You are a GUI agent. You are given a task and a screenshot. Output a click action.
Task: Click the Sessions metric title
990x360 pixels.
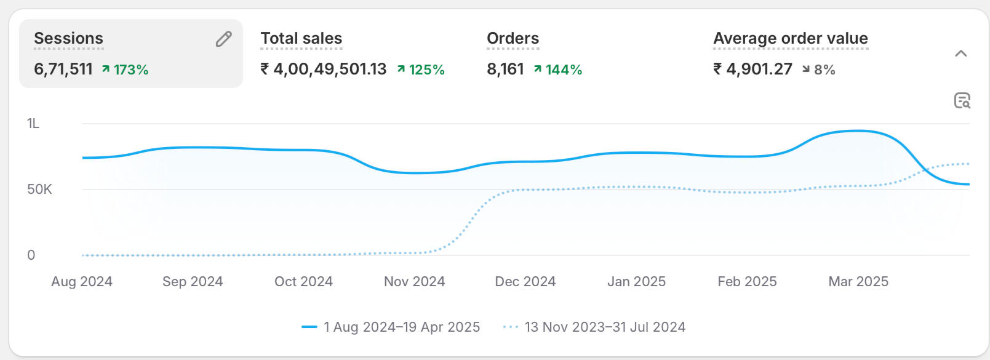tap(68, 38)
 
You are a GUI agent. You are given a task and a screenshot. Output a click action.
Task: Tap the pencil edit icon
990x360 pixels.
tap(224, 39)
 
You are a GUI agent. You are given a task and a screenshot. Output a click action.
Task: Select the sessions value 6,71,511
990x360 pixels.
tap(63, 69)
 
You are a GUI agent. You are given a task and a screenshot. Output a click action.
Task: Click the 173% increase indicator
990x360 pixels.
tap(126, 70)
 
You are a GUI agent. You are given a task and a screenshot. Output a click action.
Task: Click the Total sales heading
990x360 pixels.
tap(301, 38)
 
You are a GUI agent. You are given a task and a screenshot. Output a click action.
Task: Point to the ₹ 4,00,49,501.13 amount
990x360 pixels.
tap(324, 69)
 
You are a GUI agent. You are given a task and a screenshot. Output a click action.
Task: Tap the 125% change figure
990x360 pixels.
tap(421, 70)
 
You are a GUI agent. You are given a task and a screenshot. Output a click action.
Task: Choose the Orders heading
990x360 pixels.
tap(513, 38)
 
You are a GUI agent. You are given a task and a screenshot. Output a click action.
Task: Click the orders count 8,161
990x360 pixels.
tap(505, 69)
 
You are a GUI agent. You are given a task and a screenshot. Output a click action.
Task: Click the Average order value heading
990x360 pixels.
tap(790, 38)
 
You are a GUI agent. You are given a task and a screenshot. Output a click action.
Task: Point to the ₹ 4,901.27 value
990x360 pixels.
tap(752, 69)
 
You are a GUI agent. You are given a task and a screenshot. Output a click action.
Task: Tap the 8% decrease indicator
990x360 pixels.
tap(819, 70)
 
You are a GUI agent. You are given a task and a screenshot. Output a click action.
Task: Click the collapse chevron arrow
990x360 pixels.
tap(960, 54)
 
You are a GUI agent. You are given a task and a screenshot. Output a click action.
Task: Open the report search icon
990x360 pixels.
tap(962, 100)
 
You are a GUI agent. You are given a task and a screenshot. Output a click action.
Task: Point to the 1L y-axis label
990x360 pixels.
tap(33, 124)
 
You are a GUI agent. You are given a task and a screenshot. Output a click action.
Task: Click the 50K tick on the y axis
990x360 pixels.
tap(39, 190)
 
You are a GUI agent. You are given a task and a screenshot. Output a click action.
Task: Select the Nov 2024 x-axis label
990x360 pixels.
tap(414, 282)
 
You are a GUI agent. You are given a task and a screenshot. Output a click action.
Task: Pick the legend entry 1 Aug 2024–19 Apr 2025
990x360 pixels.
tap(401, 327)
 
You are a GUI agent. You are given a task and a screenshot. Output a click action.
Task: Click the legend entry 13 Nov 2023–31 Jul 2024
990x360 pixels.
tap(604, 327)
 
